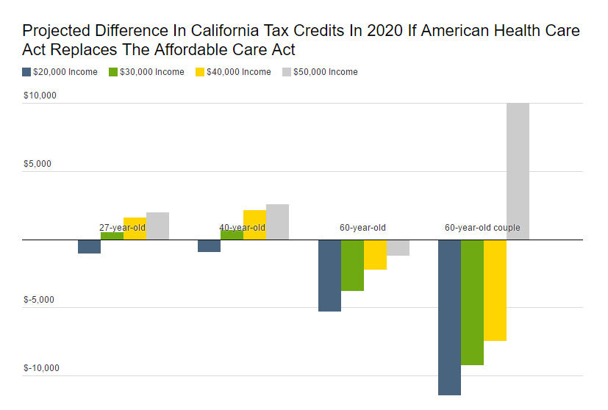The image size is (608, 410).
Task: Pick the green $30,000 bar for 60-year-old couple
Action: [x=472, y=302]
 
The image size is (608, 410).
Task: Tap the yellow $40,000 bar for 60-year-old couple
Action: [x=495, y=290]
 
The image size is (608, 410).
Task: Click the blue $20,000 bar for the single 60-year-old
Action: [x=329, y=276]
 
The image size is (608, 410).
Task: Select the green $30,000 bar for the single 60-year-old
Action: [x=352, y=265]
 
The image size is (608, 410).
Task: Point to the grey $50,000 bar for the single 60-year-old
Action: [x=398, y=248]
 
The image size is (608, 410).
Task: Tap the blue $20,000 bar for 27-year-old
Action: [x=89, y=246]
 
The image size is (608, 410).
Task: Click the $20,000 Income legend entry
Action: [x=60, y=72]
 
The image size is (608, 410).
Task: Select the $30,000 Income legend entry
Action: [x=147, y=72]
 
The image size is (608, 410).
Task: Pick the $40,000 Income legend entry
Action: [x=234, y=72]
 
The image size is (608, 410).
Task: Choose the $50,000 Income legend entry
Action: [x=321, y=72]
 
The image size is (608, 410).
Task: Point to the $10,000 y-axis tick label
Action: [x=40, y=96]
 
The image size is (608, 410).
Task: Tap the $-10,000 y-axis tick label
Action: [x=40, y=368]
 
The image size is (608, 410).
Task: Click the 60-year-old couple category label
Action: [x=482, y=228]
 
